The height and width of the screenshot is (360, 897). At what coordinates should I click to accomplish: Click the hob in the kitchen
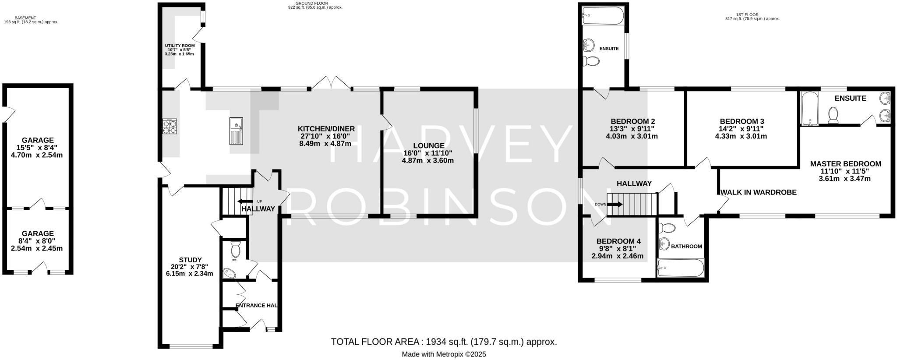point(170,126)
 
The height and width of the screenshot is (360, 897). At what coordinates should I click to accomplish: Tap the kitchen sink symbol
point(236,131)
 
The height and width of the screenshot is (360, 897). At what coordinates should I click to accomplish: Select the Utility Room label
point(180,46)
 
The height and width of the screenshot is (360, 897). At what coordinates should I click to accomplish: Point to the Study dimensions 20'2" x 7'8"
point(190,267)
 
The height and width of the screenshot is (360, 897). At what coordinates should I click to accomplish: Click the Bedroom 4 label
point(618,241)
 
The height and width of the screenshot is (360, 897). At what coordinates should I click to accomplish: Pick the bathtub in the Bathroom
point(680,267)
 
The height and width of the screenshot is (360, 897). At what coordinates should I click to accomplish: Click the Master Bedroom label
point(845,164)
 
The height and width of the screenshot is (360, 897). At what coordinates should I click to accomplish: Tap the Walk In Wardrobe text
point(758,192)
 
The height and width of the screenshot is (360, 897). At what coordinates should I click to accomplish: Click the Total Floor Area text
point(444,342)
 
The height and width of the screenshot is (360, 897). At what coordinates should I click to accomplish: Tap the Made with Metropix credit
point(444,354)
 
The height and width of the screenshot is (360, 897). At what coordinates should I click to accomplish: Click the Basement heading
point(25,18)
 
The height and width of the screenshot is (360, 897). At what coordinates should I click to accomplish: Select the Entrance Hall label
point(257,305)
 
